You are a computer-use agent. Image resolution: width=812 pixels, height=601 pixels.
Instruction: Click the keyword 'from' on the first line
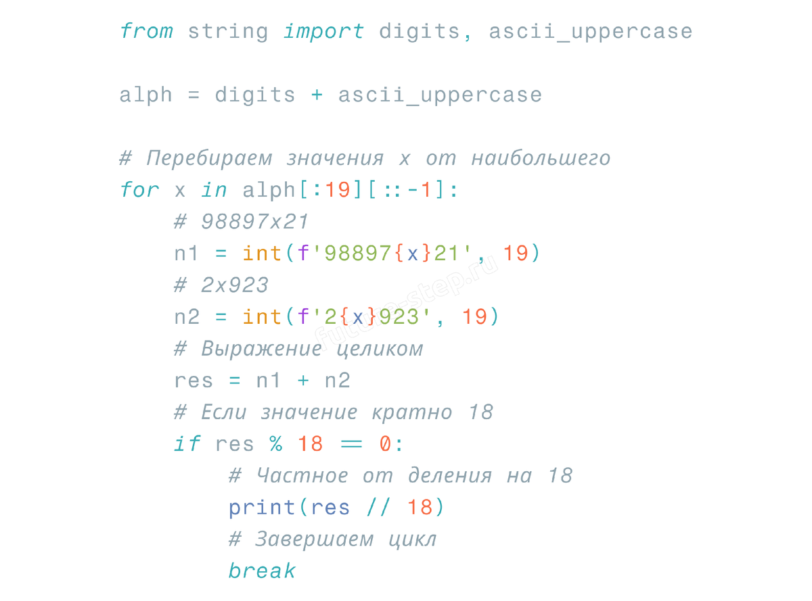point(146,31)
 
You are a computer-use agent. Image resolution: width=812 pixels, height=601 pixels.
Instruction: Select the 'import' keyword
point(323,31)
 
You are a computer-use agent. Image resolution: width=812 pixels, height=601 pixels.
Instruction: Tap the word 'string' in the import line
point(228,31)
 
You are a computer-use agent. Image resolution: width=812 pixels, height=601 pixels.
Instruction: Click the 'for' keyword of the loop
point(139,190)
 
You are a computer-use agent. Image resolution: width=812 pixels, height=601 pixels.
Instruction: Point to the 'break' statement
point(262,571)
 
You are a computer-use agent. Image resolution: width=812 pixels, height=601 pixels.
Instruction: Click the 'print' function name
point(262,508)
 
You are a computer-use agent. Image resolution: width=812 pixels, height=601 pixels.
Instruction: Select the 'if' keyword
point(187,444)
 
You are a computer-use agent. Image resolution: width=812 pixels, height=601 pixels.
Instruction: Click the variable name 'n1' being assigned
point(187,254)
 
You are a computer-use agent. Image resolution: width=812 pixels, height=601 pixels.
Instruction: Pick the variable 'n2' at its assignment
point(187,317)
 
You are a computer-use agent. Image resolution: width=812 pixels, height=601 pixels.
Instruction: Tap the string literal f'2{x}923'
point(365,317)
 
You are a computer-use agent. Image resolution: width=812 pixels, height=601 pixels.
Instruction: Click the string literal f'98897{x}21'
point(385,254)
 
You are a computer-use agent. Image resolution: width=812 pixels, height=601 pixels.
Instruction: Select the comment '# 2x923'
point(221,285)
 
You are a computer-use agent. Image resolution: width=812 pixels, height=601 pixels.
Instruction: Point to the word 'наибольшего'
point(541,159)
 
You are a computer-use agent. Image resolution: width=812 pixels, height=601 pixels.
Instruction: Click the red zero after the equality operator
point(385,444)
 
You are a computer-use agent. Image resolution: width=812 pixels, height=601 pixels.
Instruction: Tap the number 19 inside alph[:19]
point(337,190)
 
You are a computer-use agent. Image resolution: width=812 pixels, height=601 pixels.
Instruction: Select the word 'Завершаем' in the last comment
point(314,539)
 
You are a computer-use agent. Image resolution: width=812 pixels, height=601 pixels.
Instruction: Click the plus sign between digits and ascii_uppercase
point(317,95)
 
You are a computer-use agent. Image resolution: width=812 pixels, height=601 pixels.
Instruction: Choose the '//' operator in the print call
point(378,508)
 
